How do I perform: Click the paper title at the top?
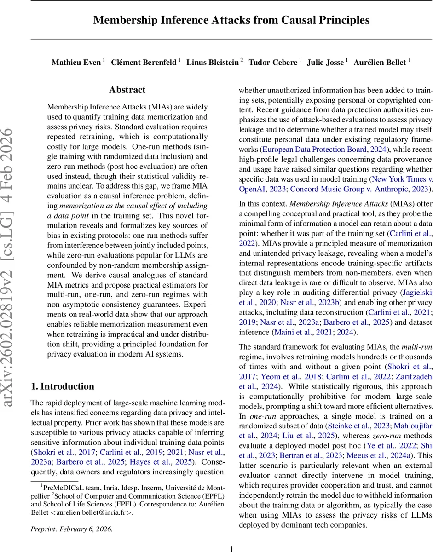[x=231, y=20]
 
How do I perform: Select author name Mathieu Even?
[x=76, y=62]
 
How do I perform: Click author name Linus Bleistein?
[x=213, y=62]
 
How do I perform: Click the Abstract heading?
[x=127, y=90]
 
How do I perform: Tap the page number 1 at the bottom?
[x=231, y=548]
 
